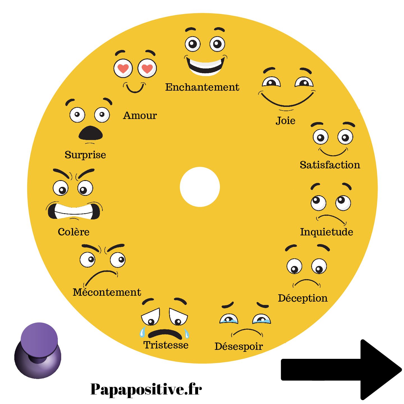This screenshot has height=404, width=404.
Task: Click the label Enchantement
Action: click(202, 87)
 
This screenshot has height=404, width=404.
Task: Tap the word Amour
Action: click(140, 115)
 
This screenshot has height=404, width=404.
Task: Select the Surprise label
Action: click(85, 155)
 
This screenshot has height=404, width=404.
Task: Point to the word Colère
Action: click(74, 232)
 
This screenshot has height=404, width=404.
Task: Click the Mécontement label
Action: click(107, 292)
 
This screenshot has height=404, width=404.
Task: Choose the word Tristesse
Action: click(166, 345)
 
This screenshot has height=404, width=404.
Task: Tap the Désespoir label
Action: click(238, 346)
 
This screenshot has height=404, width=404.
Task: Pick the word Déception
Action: click(303, 298)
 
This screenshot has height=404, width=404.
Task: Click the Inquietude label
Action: click(327, 232)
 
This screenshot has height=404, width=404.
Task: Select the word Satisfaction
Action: click(330, 165)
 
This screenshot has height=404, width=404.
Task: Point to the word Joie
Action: click(285, 121)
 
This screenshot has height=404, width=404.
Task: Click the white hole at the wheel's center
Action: click(200, 187)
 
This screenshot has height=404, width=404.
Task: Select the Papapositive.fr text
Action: click(146, 389)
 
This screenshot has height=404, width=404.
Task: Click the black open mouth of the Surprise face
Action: click(90, 133)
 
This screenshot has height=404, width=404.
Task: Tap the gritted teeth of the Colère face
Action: click(74, 211)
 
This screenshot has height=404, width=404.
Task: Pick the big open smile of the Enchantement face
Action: click(205, 66)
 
